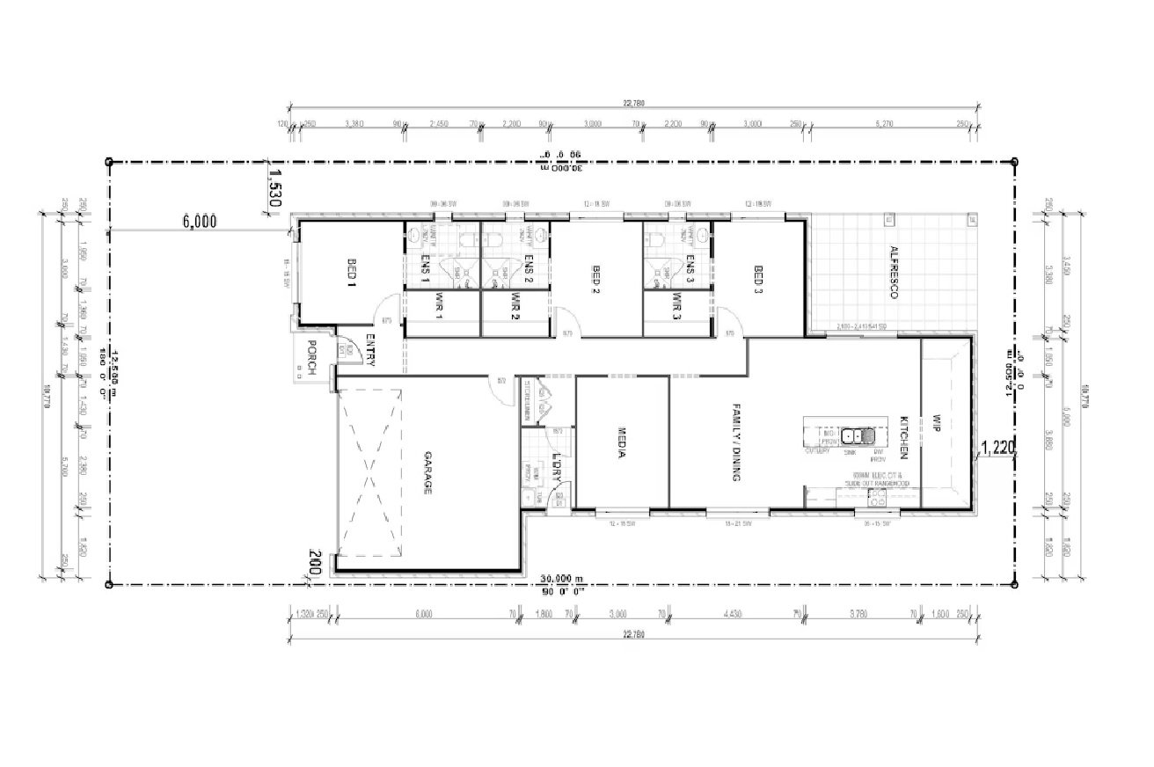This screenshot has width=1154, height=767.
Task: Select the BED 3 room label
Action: tap(757, 279)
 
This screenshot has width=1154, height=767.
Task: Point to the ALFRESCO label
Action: tap(892, 273)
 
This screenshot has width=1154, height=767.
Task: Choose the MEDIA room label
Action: tap(621, 445)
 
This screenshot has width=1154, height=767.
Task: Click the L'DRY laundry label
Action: tap(556, 465)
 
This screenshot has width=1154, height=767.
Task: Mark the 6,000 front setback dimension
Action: tap(200, 222)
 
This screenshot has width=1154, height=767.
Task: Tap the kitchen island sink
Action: tap(857, 435)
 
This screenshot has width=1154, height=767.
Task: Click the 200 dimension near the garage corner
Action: tap(315, 562)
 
